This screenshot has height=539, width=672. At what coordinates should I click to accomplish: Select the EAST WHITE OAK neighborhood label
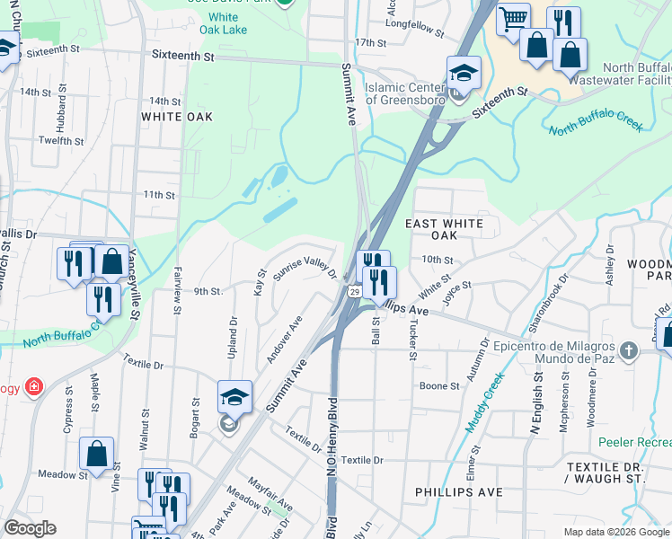[444, 229]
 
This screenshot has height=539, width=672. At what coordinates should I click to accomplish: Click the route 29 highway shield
[355, 292]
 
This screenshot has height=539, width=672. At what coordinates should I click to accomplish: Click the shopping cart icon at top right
[513, 18]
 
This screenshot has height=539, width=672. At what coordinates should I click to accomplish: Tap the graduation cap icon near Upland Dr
[234, 396]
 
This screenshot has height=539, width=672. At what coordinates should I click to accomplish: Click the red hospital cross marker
[34, 387]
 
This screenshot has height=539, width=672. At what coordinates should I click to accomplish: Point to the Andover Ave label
[284, 340]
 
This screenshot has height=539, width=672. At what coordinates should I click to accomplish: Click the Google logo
[31, 528]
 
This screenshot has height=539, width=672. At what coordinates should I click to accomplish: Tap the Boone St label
[439, 386]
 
